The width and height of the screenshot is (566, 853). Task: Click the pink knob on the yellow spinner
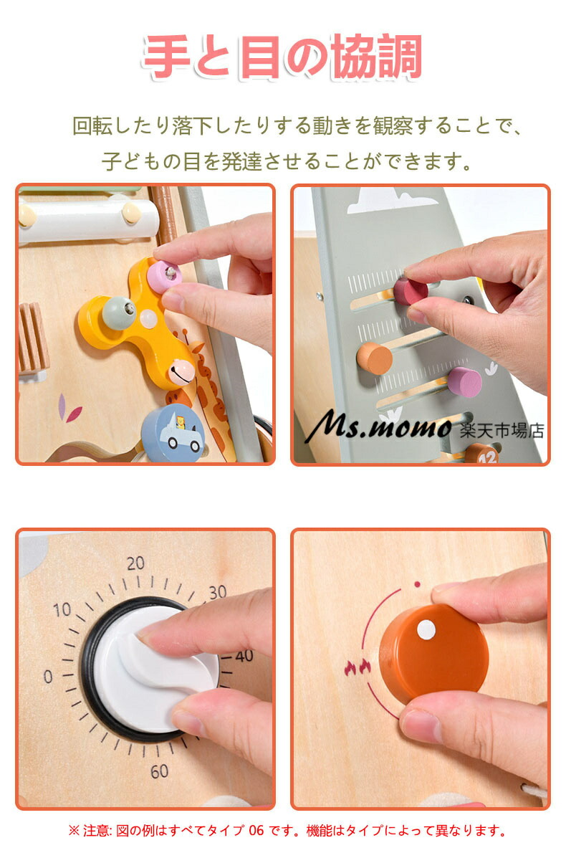164,275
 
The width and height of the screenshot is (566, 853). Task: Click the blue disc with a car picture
173,433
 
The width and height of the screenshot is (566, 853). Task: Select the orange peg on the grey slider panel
375,358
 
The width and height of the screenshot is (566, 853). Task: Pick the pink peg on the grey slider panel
464,381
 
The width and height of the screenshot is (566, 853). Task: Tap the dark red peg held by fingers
410,291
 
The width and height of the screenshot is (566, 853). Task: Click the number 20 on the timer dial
135,563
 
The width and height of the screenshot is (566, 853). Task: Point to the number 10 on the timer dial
62,610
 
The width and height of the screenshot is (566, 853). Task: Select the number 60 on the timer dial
159,771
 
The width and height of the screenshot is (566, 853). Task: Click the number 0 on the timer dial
48,676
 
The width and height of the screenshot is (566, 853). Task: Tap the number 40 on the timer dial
244,656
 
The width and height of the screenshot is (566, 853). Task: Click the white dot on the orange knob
426,630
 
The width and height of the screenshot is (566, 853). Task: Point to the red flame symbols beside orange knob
357,667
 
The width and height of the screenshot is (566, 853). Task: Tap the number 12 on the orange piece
488,457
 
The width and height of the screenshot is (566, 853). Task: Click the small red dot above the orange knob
417,585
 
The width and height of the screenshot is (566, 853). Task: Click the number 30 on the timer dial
218,592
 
